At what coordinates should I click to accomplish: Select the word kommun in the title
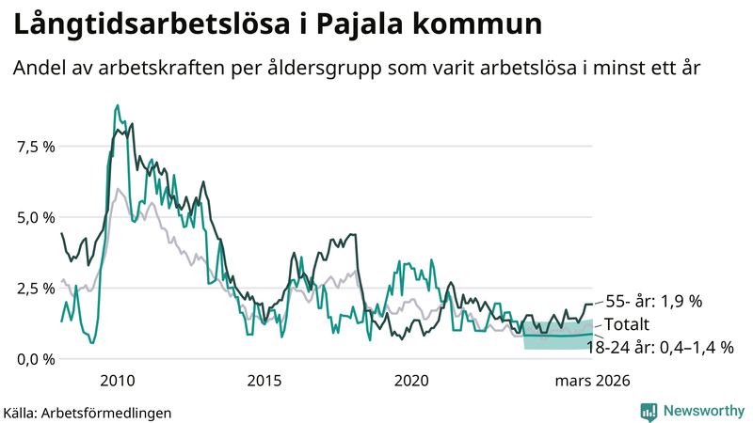[488, 25]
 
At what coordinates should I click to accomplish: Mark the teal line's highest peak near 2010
[117, 105]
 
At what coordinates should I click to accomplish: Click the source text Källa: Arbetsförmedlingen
[88, 412]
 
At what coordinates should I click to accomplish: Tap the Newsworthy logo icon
[649, 411]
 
